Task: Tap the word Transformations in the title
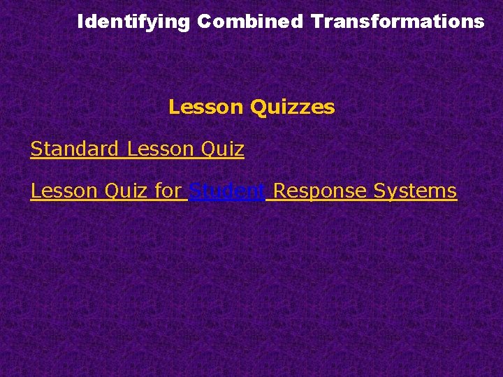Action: coord(398,22)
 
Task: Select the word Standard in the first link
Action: coord(75,149)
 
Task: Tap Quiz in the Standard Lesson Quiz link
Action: coord(222,149)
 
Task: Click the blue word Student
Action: coord(227,191)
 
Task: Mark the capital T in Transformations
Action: coord(316,22)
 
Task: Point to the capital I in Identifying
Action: coord(80,22)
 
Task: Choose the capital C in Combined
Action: coord(203,22)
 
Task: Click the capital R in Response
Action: coord(279,191)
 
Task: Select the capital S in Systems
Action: coord(379,191)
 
